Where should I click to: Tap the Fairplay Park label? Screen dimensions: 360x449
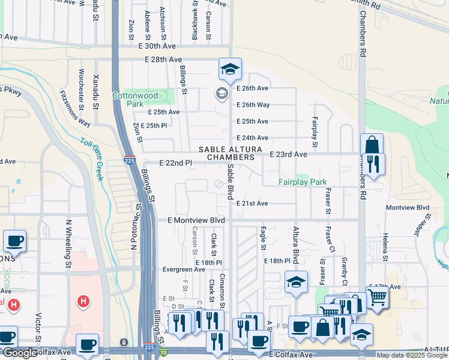pos(303,182)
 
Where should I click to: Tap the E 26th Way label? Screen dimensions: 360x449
pos(252,105)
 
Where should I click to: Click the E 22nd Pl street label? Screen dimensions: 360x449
pos(176,163)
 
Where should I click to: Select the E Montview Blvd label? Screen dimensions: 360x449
pos(196,220)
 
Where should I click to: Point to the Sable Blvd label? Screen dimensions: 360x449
pos(231,183)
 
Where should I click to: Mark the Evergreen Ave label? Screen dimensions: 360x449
pos(184,269)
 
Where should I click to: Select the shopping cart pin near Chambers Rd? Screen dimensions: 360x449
pos(377,296)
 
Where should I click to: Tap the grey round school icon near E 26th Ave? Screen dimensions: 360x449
pos(221,93)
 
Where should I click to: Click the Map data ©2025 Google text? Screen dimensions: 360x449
pos(412,355)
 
